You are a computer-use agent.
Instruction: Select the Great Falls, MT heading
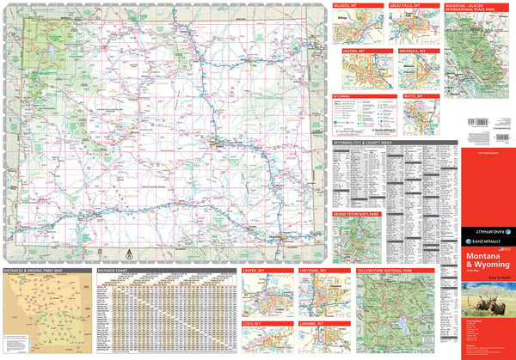[x=404, y=5]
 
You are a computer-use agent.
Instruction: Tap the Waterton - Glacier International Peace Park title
[x=470, y=9]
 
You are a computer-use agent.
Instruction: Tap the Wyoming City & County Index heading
[x=361, y=141]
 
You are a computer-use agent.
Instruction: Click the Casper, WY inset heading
[x=256, y=271]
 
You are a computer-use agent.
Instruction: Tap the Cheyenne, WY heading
[x=312, y=271]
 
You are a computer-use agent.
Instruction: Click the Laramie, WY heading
[x=311, y=322]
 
